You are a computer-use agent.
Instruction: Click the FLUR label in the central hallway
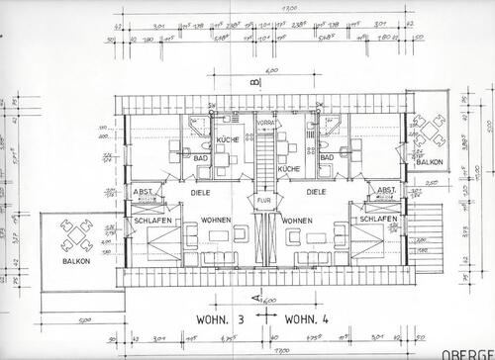264,201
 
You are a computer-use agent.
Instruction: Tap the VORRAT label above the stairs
264,123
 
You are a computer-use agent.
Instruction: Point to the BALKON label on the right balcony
429,161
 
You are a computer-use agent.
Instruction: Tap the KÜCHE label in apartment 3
229,141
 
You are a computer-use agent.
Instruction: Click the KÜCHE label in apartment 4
288,169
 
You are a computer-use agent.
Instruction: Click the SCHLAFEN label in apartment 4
379,220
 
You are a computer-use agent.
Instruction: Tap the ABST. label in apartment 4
386,188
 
